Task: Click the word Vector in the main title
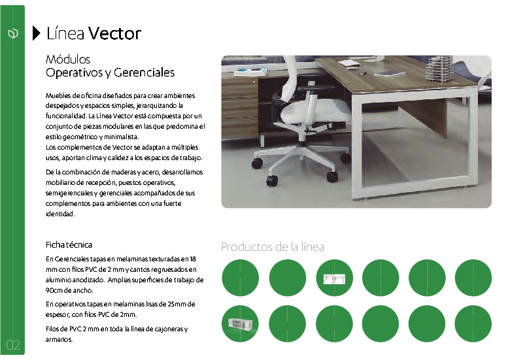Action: click(x=115, y=33)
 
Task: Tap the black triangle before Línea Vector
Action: click(x=36, y=33)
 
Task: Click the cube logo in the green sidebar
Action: click(x=13, y=33)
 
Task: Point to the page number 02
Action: click(x=13, y=345)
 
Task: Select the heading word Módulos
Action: click(x=68, y=59)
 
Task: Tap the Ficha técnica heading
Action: click(x=69, y=245)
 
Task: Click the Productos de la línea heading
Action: click(x=273, y=247)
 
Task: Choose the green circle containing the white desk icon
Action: click(x=334, y=278)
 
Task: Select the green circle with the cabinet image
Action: click(x=240, y=323)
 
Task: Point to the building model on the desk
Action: click(x=439, y=69)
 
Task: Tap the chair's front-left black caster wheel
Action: click(x=272, y=180)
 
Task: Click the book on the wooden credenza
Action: click(x=251, y=71)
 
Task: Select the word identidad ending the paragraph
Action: click(x=60, y=214)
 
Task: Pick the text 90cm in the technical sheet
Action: click(x=54, y=290)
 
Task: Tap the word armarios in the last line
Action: click(x=59, y=339)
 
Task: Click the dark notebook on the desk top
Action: click(x=390, y=74)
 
